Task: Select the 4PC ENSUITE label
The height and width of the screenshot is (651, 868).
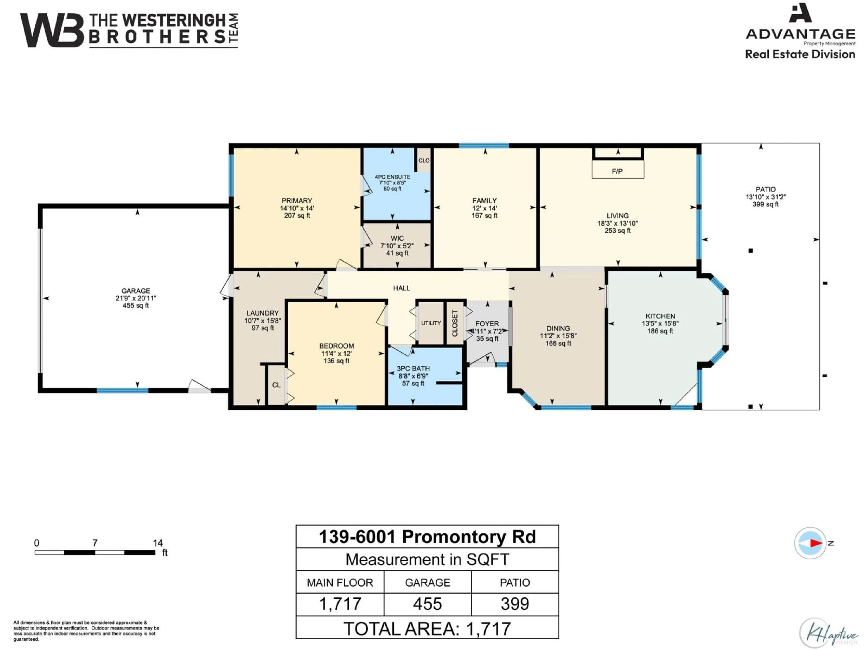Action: (392, 177)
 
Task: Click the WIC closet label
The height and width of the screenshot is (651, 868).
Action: (397, 238)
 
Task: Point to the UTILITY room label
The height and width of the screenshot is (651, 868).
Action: (431, 323)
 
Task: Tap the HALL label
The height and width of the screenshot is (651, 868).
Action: (401, 288)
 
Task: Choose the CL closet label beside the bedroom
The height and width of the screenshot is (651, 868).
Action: (276, 385)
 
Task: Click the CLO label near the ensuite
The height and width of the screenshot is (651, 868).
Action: (424, 160)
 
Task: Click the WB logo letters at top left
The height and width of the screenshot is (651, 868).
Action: (52, 31)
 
